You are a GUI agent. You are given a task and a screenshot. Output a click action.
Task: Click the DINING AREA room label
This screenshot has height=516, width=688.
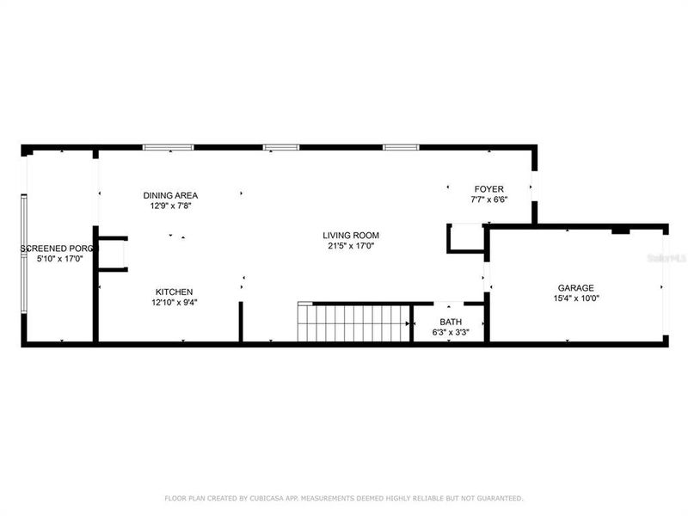tap(170, 195)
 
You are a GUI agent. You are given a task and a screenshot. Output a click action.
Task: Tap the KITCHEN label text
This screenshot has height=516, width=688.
tap(174, 292)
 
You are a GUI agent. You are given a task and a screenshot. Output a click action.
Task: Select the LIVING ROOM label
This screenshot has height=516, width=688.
tap(351, 235)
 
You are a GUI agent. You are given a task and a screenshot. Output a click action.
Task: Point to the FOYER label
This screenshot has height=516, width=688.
tap(489, 189)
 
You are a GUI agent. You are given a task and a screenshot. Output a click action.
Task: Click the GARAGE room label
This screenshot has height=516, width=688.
tap(576, 288)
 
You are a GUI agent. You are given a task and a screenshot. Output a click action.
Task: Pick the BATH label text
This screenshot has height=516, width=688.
tap(451, 321)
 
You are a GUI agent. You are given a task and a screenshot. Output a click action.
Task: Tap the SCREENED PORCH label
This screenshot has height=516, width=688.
tap(59, 249)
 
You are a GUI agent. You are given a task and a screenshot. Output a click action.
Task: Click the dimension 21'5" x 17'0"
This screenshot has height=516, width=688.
tap(351, 246)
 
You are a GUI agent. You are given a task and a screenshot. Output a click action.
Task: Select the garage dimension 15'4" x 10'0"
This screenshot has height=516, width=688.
tap(576, 298)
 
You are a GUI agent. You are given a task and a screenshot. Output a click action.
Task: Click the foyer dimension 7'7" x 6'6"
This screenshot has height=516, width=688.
tap(489, 200)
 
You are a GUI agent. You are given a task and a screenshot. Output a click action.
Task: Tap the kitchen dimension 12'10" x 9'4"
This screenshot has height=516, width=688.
tap(174, 302)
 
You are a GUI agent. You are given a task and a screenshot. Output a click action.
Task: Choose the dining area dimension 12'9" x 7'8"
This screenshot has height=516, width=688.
tap(170, 206)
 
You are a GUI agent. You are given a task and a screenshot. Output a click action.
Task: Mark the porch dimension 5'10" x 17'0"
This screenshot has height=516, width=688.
tap(59, 259)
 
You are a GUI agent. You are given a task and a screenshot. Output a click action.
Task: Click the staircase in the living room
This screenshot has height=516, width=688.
tap(353, 322)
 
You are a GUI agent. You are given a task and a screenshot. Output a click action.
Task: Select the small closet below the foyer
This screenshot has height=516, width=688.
tap(467, 238)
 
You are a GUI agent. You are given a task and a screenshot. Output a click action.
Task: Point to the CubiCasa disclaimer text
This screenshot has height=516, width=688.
tap(343, 498)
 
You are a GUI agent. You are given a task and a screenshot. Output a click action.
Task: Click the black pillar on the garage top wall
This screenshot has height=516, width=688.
tap(620, 230)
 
